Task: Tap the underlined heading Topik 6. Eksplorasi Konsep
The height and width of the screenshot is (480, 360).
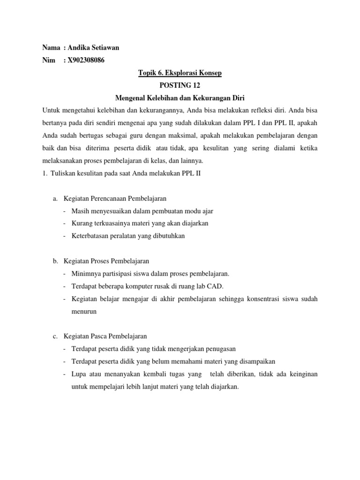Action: pos(180,73)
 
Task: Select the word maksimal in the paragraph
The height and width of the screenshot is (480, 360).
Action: pos(172,136)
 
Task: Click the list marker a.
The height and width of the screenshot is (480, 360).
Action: pos(54,199)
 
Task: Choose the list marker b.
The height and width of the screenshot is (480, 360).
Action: pos(54,261)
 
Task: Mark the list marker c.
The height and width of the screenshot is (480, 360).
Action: pos(54,336)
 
